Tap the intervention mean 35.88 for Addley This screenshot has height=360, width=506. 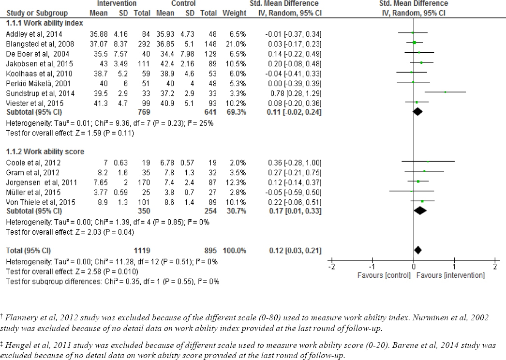[98, 33]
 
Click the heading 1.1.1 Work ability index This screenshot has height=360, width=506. [44, 23]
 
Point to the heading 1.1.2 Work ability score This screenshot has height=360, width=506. [45, 151]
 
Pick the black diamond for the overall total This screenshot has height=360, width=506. [418, 250]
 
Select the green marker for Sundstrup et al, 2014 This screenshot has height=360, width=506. [445, 91]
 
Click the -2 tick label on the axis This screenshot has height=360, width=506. [331, 267]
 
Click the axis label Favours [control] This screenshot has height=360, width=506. [384, 275]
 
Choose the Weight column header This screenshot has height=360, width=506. [234, 13]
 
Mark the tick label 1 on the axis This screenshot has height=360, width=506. [454, 267]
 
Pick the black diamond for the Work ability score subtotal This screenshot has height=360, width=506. [420, 210]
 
